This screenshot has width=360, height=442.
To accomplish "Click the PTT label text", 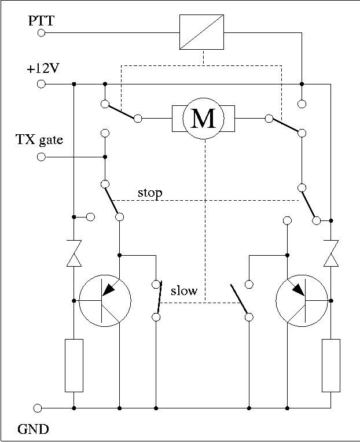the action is coord(41,21).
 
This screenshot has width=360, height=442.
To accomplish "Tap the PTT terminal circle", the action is coord(41,33).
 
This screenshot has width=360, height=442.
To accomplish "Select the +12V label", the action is coord(43,68).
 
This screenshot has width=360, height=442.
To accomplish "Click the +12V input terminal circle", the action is coord(41,84).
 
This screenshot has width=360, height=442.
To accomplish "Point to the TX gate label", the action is coord(39,140).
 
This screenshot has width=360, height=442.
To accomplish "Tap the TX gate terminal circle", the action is coord(41,157).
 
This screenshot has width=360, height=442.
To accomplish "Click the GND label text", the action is coord(33,429).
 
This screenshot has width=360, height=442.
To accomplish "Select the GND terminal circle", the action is coord(38,408).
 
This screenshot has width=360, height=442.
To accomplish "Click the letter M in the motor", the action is coord(203,119).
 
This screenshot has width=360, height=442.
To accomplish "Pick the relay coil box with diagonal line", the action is coord(201,32).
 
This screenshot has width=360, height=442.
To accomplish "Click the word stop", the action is coord(150,193).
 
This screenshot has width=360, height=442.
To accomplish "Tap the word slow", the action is coord(184,290).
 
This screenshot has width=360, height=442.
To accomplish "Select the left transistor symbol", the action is coord(105,301).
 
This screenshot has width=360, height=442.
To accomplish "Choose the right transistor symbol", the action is coord(302,301).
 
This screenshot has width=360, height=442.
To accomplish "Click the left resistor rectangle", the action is coord(74,365).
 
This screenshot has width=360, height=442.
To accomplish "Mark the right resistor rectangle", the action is coord(331,365).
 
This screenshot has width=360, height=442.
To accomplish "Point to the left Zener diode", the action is coord(74,253).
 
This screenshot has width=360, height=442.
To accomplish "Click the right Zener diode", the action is coord(331,253).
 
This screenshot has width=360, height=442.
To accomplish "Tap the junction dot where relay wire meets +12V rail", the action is coord(302,84).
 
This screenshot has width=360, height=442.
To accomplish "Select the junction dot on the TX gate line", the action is coord(105,157).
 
